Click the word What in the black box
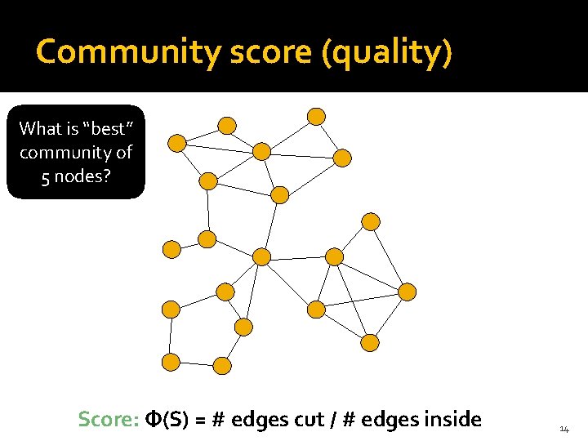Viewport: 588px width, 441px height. point(38,128)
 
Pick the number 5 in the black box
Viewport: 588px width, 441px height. point(43,176)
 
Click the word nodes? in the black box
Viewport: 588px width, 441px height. point(82,176)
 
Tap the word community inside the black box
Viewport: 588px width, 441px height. point(65,153)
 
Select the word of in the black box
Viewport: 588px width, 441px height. point(123,152)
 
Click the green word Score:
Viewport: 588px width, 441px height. point(108,420)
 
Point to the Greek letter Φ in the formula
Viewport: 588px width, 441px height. point(153,420)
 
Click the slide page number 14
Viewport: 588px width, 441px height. point(564,429)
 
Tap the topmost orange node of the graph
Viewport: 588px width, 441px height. point(317,116)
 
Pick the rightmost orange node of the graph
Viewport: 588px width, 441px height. point(407,292)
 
